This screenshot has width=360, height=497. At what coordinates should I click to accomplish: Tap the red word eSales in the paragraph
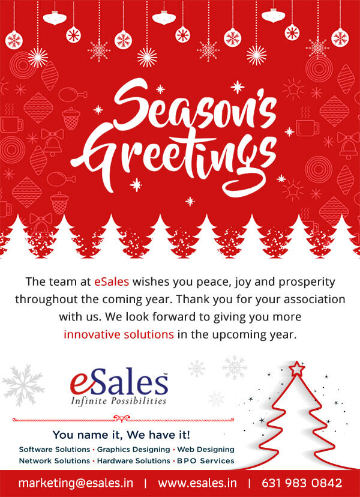pos(112,282)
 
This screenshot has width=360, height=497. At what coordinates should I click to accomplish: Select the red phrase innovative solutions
pos(119,334)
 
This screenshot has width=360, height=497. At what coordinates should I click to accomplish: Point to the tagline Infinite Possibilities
pos(119,400)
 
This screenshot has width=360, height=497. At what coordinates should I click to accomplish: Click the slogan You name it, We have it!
pos(121,435)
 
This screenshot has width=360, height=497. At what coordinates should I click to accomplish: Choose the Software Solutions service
pos(55,450)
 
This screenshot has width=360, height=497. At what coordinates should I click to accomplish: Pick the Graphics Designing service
pos(133,450)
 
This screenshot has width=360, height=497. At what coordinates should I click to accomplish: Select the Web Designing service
pos(206,450)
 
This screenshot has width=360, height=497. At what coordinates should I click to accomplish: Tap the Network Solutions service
pos(55,460)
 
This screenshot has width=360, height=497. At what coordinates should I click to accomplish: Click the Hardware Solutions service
pos(133,460)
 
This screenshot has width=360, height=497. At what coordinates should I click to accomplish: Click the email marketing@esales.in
pos(76,483)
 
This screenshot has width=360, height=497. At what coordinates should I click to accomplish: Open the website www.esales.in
pos(197,483)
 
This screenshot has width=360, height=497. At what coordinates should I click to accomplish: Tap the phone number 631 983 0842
pos(302,483)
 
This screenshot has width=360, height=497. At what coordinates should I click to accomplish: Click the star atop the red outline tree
pos(296,369)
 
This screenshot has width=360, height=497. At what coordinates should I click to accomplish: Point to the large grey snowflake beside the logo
pos(23,385)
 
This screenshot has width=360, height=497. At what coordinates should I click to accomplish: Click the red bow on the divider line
pos(122,419)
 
